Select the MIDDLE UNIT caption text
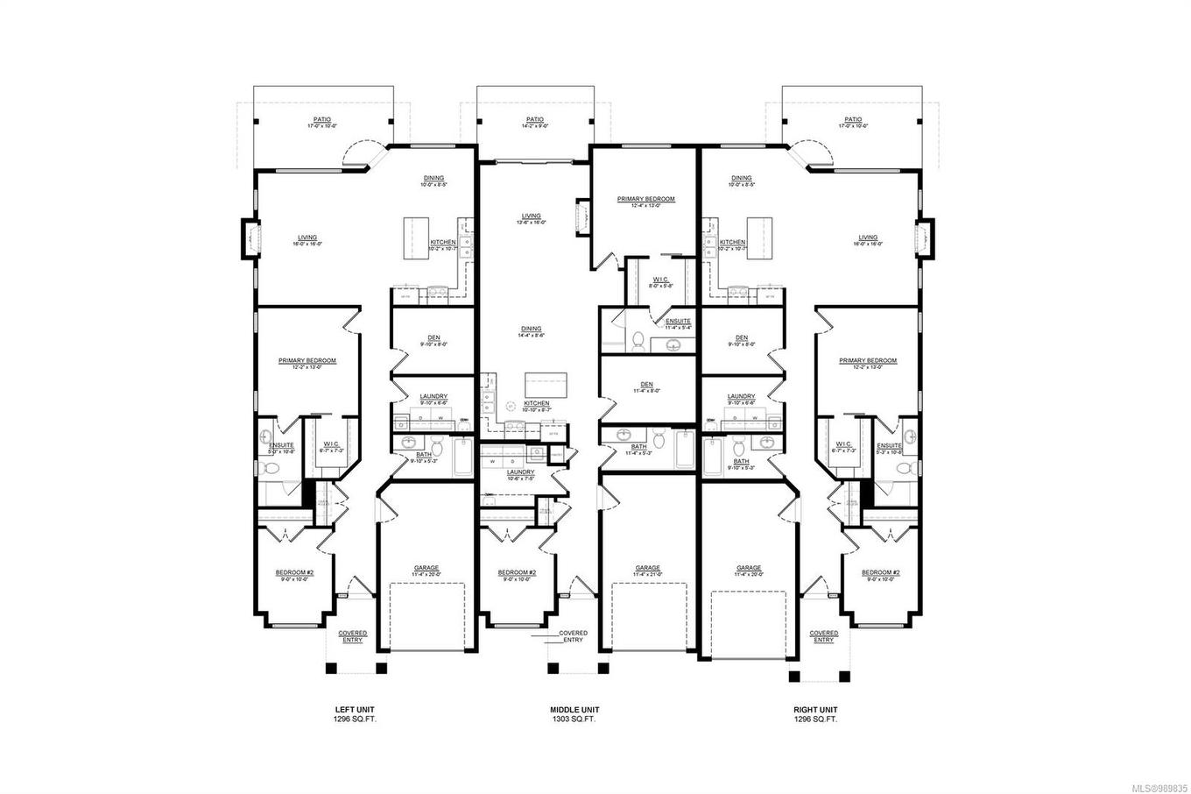click(x=574, y=710)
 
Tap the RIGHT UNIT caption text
click(x=815, y=710)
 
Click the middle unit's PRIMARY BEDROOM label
click(x=645, y=200)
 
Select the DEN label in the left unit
click(x=433, y=338)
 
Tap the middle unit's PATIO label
click(x=534, y=120)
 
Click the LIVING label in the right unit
click(x=868, y=237)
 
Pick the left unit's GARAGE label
click(x=426, y=568)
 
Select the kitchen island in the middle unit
click(x=546, y=384)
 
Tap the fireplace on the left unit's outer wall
click(x=249, y=237)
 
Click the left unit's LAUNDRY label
click(x=433, y=397)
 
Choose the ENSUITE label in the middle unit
click(x=678, y=322)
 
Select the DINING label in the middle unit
click(x=531, y=330)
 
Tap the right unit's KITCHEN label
click(x=732, y=243)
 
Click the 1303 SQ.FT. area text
click(x=574, y=720)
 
